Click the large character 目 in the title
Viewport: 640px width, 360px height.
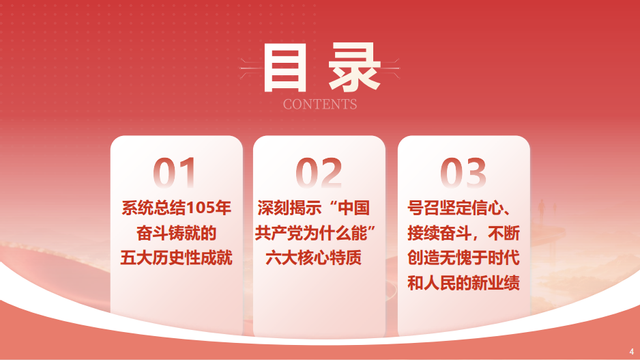(285, 67)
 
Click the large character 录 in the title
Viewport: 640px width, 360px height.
(355, 67)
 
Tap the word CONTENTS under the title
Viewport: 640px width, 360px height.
(320, 104)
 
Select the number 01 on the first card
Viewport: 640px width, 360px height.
(174, 173)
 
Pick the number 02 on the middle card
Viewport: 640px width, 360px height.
(319, 173)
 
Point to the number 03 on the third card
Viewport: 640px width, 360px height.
(463, 173)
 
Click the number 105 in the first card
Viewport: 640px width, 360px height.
(201, 208)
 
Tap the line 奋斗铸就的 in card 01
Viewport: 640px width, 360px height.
(176, 233)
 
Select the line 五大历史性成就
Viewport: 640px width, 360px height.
(176, 258)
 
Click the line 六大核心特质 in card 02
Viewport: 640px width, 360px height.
(313, 258)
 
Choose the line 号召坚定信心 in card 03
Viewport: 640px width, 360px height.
(454, 208)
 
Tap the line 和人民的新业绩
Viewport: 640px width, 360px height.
(463, 283)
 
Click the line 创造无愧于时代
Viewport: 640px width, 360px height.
(463, 258)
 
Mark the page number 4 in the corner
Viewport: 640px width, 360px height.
(632, 351)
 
